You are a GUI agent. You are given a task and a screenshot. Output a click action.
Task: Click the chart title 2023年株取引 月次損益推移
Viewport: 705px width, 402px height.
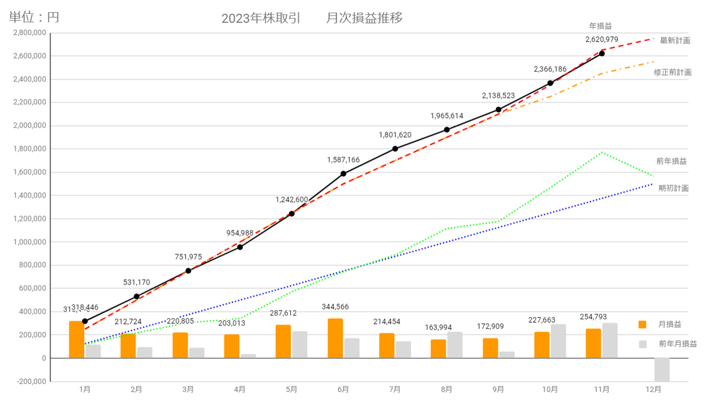click(312, 18)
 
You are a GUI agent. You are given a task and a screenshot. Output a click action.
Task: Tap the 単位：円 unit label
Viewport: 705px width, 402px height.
click(34, 17)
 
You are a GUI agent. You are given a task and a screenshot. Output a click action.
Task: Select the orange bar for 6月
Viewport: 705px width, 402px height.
click(335, 338)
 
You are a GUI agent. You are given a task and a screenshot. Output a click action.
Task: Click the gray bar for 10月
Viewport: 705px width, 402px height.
click(558, 341)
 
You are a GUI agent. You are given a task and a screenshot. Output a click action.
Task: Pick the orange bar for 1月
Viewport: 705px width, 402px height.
click(77, 339)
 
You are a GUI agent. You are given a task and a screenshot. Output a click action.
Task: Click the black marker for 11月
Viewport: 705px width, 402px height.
click(601, 53)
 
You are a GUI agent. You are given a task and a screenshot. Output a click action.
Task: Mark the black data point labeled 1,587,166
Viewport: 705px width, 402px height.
click(343, 173)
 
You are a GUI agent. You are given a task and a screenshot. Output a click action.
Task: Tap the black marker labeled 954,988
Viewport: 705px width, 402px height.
click(240, 247)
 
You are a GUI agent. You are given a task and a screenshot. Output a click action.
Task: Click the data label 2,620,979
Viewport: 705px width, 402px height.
click(601, 40)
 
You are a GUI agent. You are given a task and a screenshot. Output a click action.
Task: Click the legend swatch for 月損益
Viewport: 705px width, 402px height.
click(642, 324)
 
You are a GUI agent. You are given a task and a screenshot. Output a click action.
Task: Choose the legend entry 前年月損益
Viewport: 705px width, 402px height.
click(677, 344)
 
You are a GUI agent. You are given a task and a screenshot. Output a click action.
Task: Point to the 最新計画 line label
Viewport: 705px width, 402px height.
click(675, 40)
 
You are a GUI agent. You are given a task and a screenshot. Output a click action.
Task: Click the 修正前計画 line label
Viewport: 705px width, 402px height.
click(673, 72)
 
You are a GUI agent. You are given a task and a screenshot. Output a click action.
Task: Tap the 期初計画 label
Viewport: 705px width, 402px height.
click(673, 188)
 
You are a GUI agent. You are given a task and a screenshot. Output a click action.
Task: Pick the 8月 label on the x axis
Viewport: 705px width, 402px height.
click(446, 389)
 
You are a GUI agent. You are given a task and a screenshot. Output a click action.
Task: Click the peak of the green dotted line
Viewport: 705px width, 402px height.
click(602, 152)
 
